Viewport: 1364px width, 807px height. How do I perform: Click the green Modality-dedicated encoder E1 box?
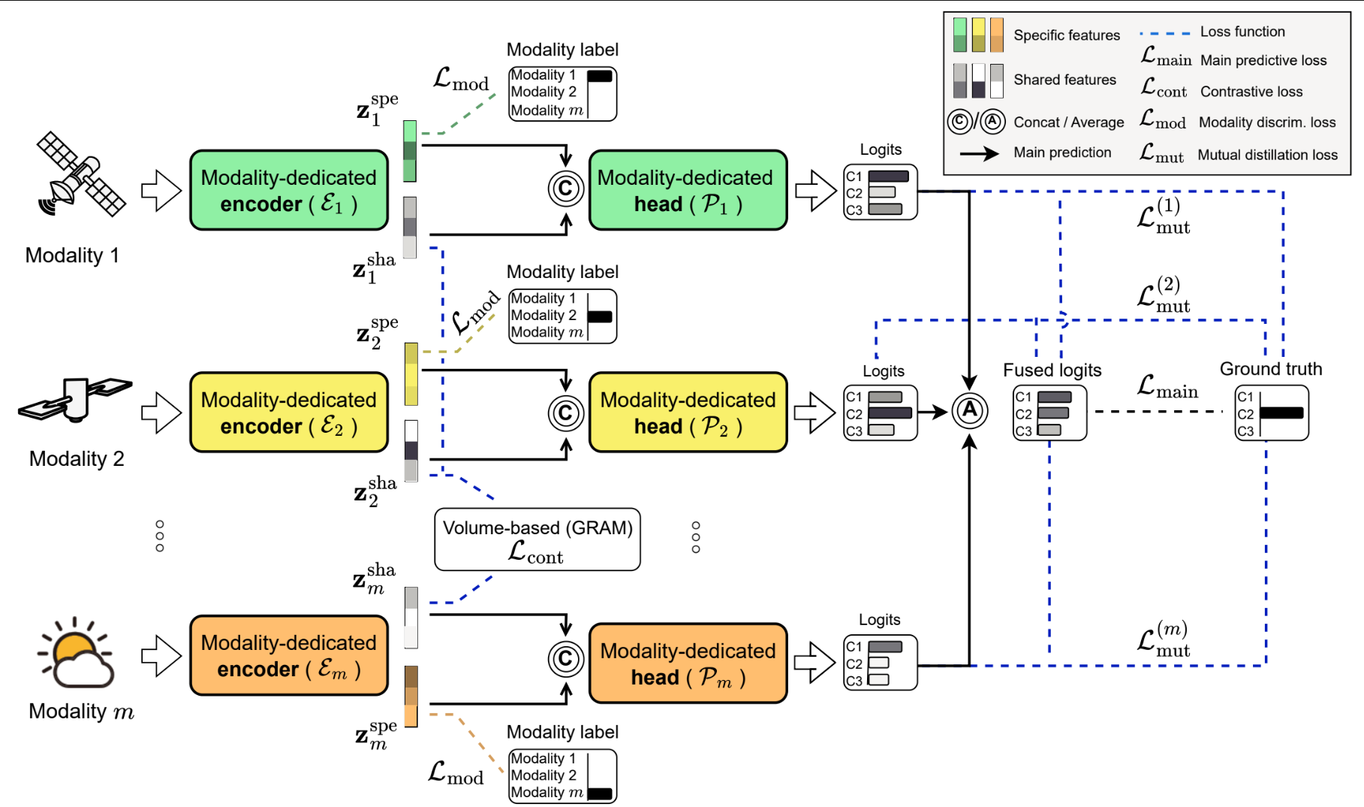(289, 190)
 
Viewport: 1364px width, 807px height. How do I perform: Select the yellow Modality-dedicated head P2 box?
(688, 413)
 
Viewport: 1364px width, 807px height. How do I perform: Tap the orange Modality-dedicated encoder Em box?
(289, 655)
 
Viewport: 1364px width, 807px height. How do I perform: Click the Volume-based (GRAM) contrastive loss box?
(537, 540)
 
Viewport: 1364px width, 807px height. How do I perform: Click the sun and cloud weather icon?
(76, 653)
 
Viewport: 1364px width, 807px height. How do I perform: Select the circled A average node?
(970, 411)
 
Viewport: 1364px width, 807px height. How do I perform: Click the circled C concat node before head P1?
(566, 189)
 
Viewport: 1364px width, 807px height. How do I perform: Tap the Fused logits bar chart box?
(1049, 413)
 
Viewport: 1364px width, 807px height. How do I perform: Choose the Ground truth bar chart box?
(1272, 413)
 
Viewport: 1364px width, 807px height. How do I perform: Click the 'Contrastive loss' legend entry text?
(1251, 92)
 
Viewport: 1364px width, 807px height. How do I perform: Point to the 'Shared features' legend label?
(1064, 80)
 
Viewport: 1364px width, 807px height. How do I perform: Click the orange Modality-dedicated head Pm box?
(688, 663)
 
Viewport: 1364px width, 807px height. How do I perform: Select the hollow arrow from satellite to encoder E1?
(161, 190)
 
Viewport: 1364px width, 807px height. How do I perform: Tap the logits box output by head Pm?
(881, 663)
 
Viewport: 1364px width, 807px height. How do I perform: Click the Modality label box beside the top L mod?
(563, 93)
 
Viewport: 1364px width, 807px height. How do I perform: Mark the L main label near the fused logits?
(1167, 387)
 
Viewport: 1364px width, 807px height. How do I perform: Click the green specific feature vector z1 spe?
(410, 151)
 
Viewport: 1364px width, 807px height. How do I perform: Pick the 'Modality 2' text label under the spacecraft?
(77, 458)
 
